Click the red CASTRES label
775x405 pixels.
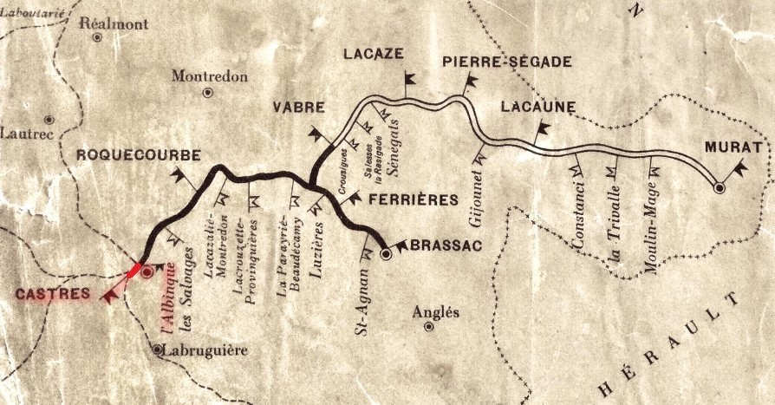(x=52, y=295)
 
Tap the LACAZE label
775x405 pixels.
(x=374, y=54)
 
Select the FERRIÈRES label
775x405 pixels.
(x=413, y=200)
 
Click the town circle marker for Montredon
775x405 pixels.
(x=207, y=92)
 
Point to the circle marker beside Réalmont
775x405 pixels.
(x=97, y=38)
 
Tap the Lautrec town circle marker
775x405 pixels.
(x=49, y=119)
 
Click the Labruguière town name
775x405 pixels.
(x=205, y=350)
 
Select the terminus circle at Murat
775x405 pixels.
(x=719, y=187)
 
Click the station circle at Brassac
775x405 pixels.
(x=387, y=255)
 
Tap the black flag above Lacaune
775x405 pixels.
(x=543, y=130)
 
